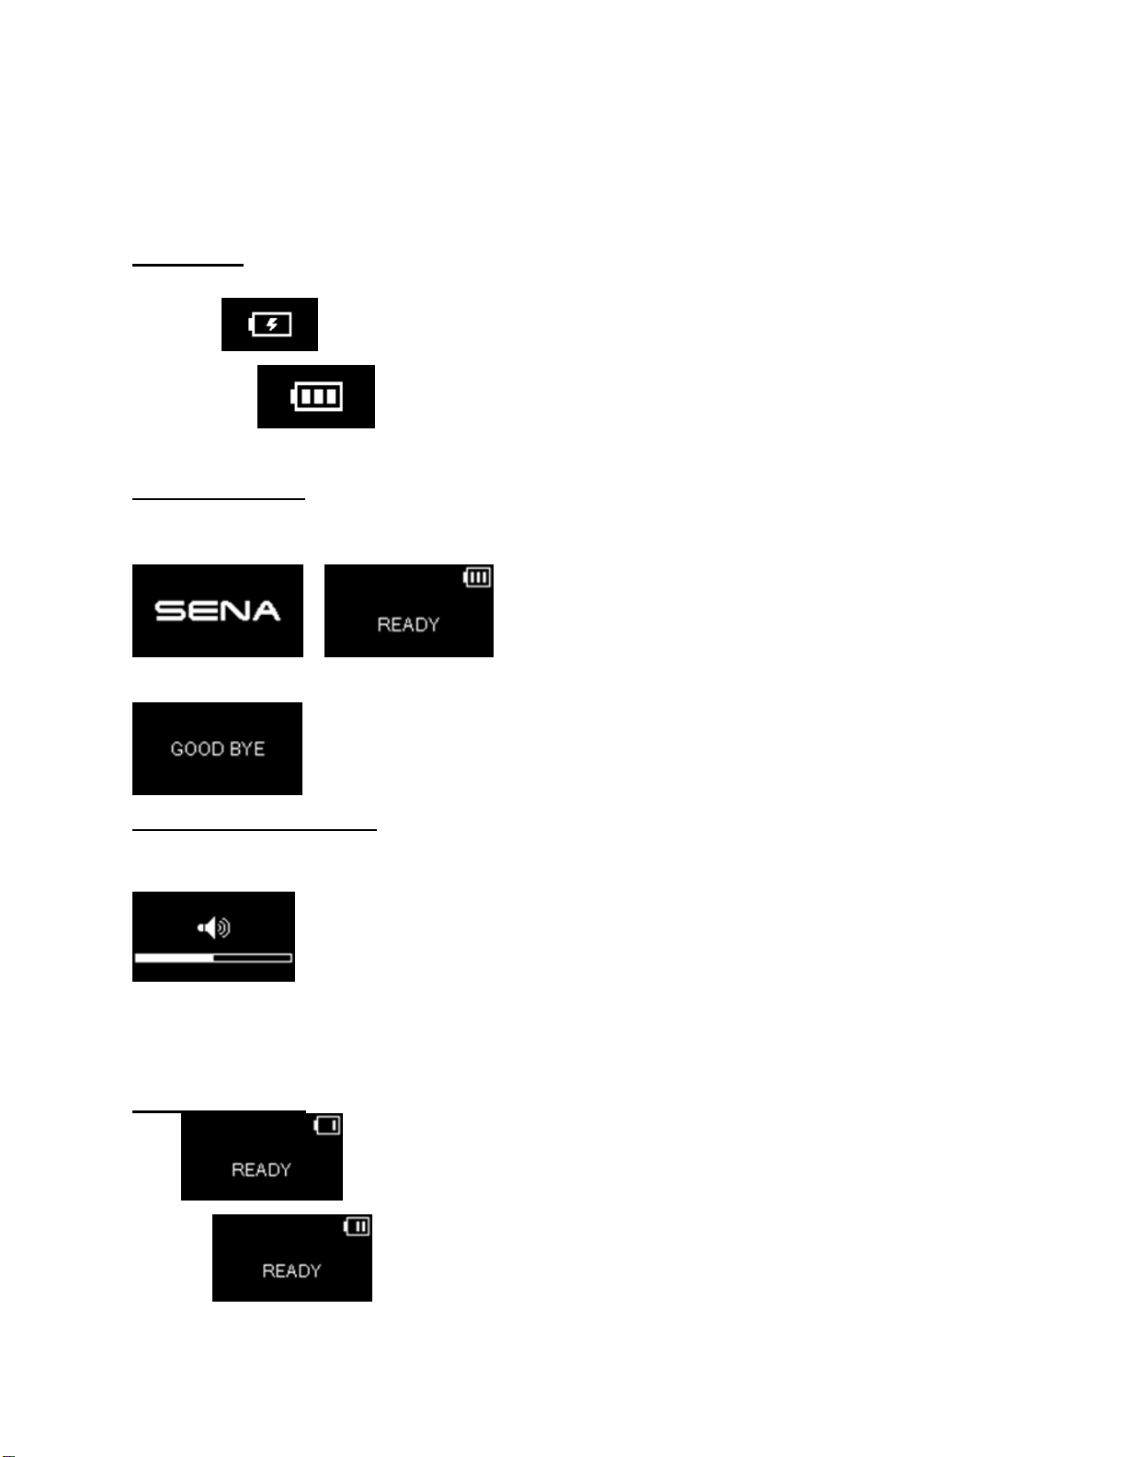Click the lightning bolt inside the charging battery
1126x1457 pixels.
click(272, 324)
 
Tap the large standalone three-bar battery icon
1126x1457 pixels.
click(316, 396)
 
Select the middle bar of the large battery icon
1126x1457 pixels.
click(318, 396)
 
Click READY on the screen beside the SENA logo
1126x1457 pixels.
click(408, 625)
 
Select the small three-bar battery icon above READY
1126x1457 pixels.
click(477, 577)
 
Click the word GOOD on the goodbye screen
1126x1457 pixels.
click(192, 749)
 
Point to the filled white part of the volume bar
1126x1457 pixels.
click(174, 958)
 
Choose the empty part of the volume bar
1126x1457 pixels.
click(253, 958)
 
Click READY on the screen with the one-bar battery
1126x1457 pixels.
click(261, 1170)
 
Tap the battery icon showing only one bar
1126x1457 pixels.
click(327, 1125)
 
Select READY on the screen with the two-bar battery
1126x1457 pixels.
click(291, 1271)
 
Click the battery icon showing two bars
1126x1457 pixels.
click(357, 1226)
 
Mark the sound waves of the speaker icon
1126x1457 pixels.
click(223, 928)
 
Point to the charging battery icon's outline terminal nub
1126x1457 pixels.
click(251, 324)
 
